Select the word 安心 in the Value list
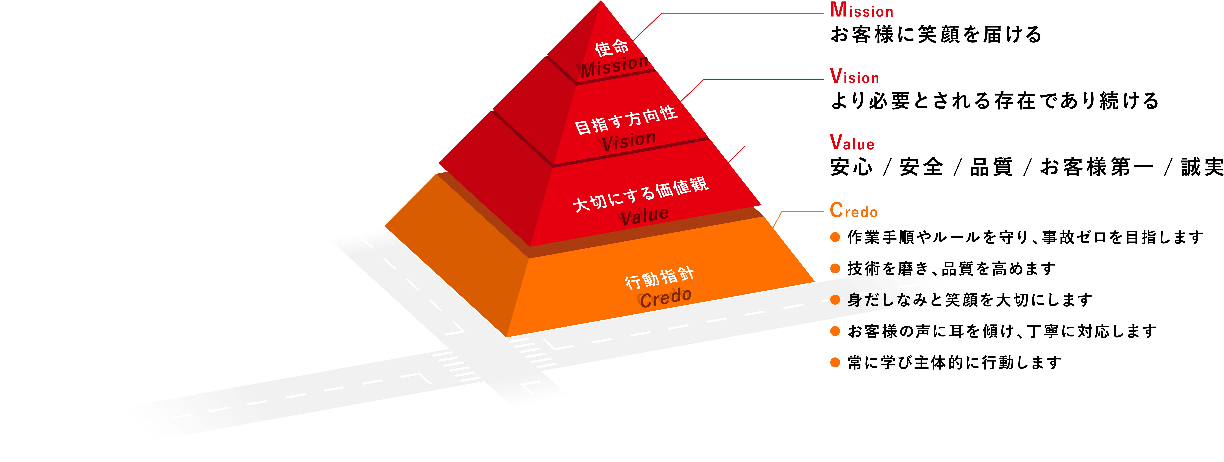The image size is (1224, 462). click(x=852, y=167)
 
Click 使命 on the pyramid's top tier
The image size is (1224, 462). click(x=611, y=47)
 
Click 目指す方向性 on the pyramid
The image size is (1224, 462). click(x=626, y=120)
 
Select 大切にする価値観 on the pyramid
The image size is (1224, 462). click(x=640, y=194)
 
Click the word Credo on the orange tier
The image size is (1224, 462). click(x=665, y=298)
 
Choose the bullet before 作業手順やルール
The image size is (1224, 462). click(x=835, y=237)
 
